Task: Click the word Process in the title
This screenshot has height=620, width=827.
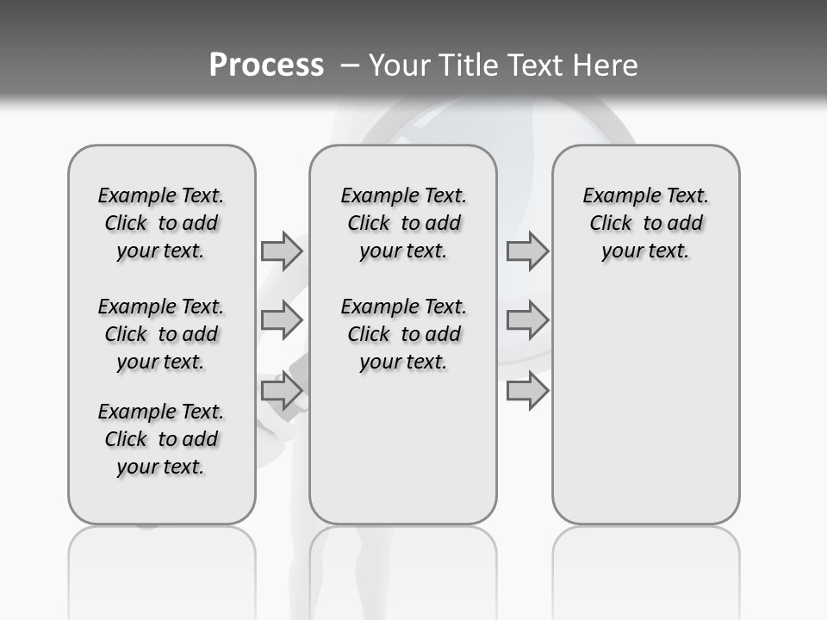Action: point(266,65)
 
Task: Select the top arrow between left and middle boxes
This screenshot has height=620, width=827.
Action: point(281,251)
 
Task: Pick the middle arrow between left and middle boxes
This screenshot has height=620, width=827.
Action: point(281,320)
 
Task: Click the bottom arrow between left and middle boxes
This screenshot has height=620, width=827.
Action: point(281,392)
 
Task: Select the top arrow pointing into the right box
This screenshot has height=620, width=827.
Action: point(527,251)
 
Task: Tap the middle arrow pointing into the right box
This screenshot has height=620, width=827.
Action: point(527,320)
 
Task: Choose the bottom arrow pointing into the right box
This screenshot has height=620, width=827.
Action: point(527,392)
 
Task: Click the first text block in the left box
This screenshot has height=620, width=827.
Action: point(161,223)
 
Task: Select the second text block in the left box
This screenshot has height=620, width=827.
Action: point(161,334)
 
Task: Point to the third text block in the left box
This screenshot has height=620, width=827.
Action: point(161,439)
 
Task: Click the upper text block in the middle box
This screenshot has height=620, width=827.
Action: point(403,223)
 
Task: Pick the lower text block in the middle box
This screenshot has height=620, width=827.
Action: point(403,334)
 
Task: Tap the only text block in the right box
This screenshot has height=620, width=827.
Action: point(645,223)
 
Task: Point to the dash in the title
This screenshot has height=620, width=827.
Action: point(351,65)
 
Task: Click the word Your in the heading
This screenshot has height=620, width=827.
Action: point(398,65)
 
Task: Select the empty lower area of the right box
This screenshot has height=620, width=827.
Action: point(645,405)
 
